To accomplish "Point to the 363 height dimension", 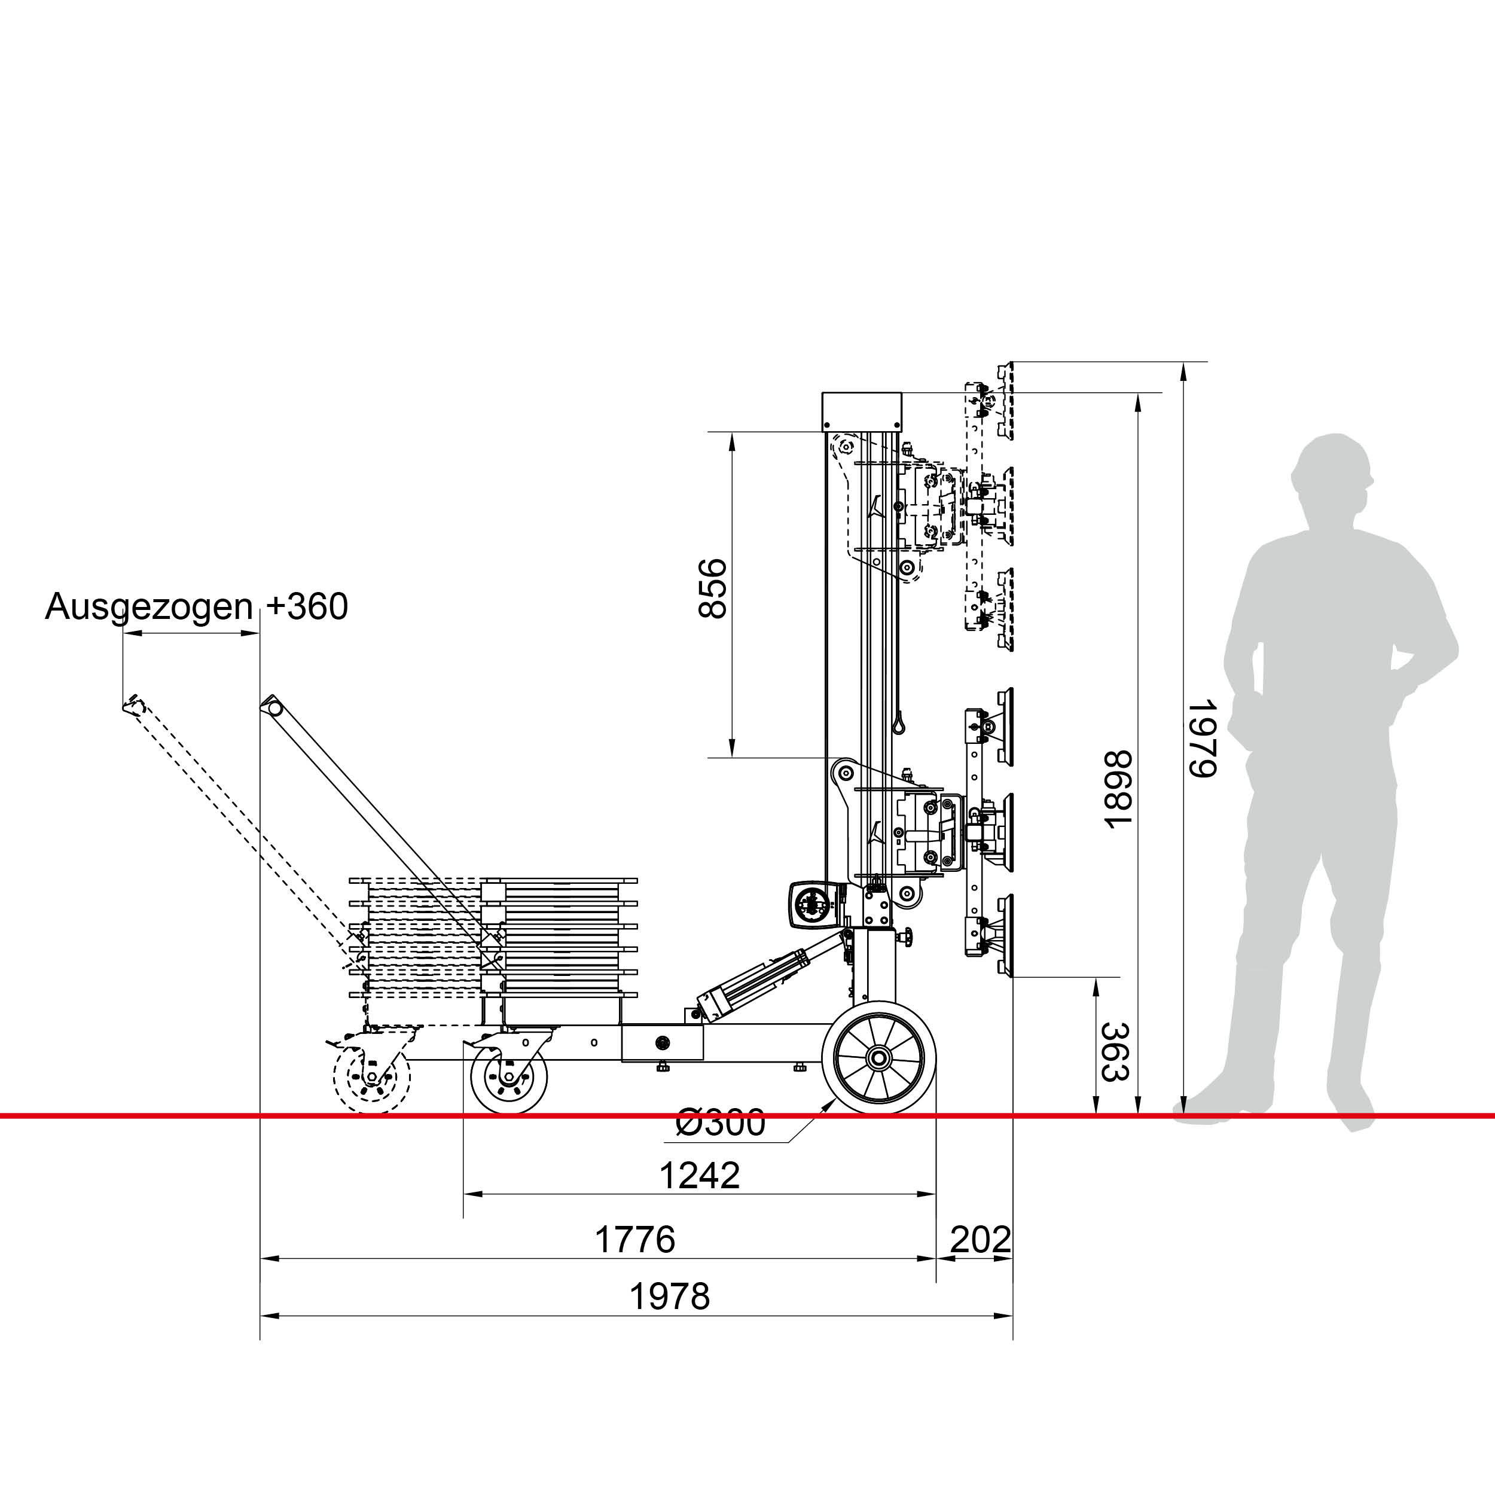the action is pyautogui.click(x=1115, y=1052).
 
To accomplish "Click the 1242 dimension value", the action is pyautogui.click(x=700, y=1176).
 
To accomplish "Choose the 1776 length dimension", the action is pyautogui.click(x=634, y=1240).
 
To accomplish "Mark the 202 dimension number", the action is pyautogui.click(x=980, y=1240).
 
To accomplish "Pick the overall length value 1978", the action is pyautogui.click(x=669, y=1296).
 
